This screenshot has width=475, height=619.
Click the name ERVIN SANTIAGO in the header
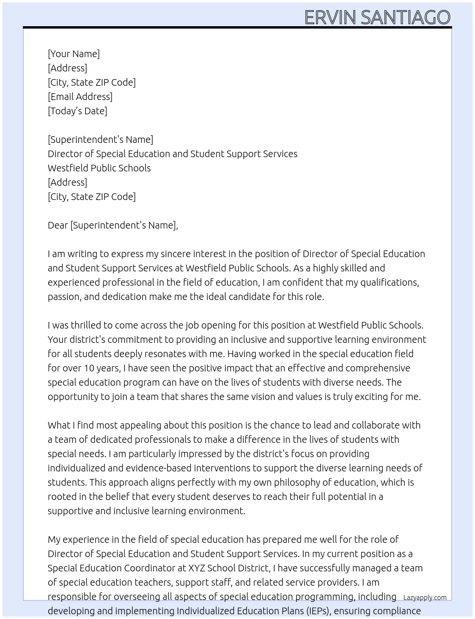(377, 17)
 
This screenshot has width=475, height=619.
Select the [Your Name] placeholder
(74, 54)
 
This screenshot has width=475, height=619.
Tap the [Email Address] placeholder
(80, 97)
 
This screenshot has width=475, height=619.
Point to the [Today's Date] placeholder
(77, 111)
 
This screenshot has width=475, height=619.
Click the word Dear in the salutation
(58, 225)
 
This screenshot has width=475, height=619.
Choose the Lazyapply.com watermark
(425, 598)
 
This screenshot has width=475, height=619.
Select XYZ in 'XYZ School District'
(197, 568)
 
